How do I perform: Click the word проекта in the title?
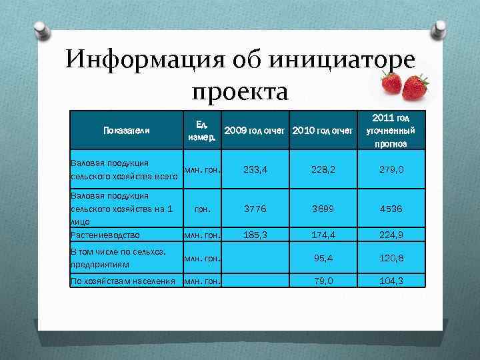click(x=239, y=91)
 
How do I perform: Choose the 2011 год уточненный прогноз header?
click(x=391, y=130)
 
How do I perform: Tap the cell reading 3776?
click(x=256, y=208)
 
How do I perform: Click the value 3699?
click(x=323, y=208)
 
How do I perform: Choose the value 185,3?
click(x=256, y=235)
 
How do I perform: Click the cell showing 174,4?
click(x=323, y=235)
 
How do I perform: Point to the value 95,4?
click(x=323, y=257)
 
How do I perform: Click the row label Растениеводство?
click(x=105, y=235)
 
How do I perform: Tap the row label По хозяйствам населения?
click(x=123, y=280)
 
